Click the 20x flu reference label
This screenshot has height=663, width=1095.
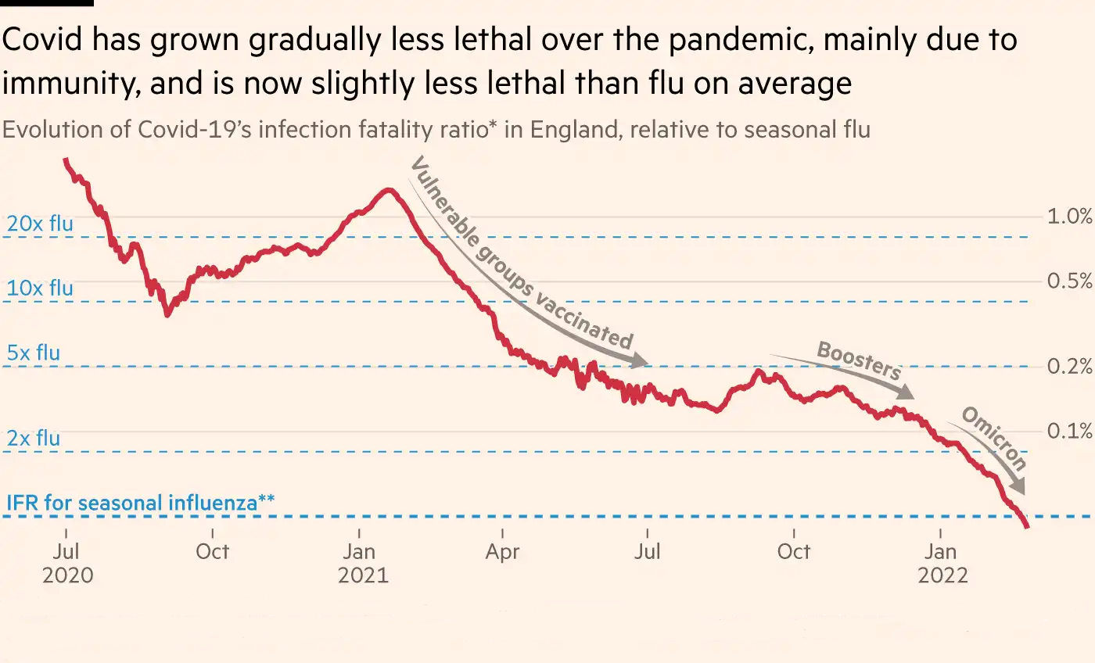click(x=40, y=224)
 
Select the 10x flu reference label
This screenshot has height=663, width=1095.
click(x=40, y=288)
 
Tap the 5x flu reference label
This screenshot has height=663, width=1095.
click(x=34, y=353)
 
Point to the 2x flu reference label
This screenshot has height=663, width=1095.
click(x=34, y=439)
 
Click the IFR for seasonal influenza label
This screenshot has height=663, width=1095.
click(x=140, y=502)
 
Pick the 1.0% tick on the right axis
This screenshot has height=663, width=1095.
click(x=1069, y=217)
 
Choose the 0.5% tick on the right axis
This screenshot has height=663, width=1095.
click(x=1069, y=281)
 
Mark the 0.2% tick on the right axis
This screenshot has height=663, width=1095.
click(x=1069, y=367)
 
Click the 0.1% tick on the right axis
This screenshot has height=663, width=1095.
click(x=1069, y=431)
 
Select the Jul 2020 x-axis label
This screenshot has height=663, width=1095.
click(x=67, y=563)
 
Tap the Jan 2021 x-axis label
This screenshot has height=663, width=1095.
click(x=363, y=563)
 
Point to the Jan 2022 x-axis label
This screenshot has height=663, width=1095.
click(x=942, y=563)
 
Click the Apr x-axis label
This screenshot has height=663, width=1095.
click(x=502, y=551)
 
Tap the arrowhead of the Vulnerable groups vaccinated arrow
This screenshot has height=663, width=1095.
click(x=641, y=361)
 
